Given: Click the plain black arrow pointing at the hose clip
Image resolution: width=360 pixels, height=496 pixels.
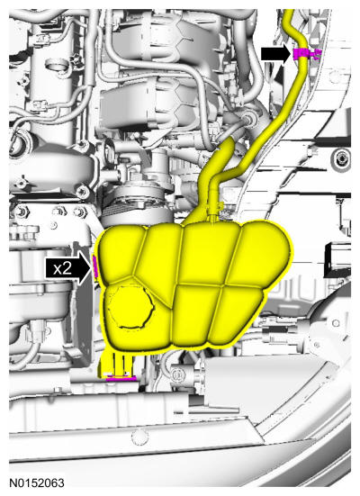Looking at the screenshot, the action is (x=275, y=54).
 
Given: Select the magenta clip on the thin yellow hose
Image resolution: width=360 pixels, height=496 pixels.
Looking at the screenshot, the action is (x=303, y=54).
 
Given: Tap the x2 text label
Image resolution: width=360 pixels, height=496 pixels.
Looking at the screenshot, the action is (x=62, y=268).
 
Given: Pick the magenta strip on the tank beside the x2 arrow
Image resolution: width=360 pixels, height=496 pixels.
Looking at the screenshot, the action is (x=94, y=266).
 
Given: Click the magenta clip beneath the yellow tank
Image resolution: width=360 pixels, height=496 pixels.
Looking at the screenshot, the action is (x=121, y=378).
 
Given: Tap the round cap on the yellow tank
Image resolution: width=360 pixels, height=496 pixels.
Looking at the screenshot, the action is (x=130, y=308).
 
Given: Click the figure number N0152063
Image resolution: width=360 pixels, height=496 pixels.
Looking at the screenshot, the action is (x=37, y=483).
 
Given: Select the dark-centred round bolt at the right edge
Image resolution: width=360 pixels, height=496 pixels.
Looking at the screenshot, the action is (x=341, y=157).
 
